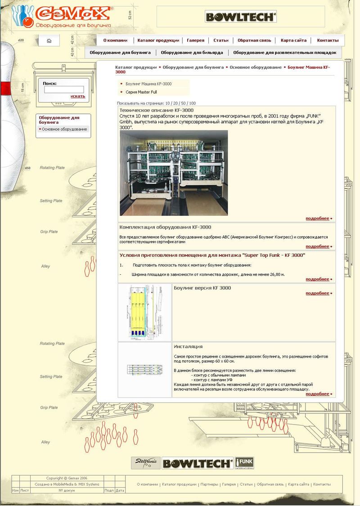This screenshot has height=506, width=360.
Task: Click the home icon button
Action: coord(49,40)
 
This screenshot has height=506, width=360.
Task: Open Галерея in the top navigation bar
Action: coord(195,40)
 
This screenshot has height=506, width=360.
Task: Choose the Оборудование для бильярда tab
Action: coord(192,53)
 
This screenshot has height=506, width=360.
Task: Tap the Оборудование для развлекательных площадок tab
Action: coord(284,53)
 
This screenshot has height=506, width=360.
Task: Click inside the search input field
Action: coord(63,90)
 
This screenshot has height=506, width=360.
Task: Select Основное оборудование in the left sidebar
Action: coord(64,129)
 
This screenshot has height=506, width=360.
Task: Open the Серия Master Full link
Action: coord(141,92)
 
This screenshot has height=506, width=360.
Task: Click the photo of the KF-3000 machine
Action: coord(174,173)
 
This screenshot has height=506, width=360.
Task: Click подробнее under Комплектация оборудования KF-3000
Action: coord(317,246)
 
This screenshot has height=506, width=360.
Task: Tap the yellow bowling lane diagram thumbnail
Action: coord(144,312)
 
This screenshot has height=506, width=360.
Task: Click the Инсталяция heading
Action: coord(188,346)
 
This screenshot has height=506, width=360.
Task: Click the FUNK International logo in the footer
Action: coord(244,463)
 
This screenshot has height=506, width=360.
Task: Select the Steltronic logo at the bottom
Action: coord(145,463)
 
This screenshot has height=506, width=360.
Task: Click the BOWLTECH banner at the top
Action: coord(240,17)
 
